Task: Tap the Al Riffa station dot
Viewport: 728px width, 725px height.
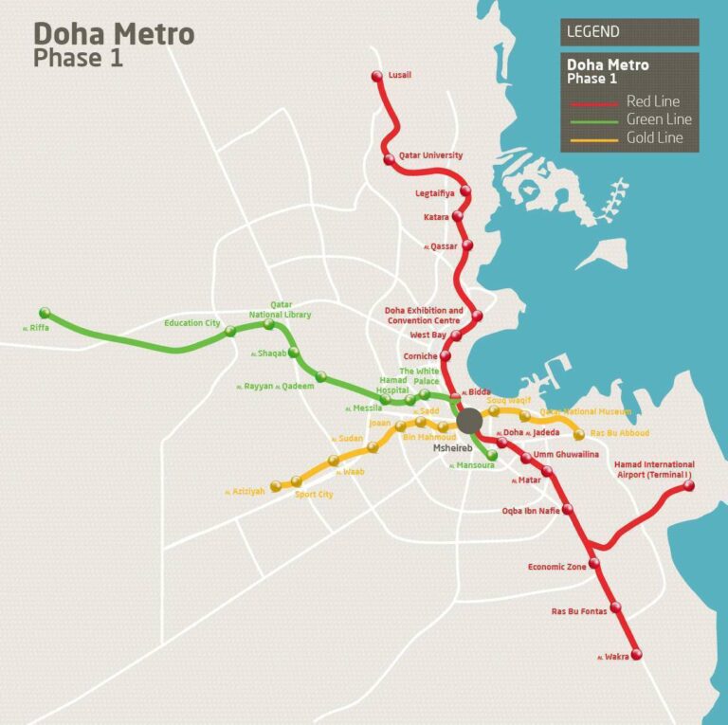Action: point(45,314)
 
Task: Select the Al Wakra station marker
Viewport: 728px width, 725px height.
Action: point(636,654)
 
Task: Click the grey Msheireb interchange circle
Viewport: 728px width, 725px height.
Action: point(469,421)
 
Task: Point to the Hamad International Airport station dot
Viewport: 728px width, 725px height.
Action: point(689,486)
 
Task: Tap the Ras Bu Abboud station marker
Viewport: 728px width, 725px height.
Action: point(579,434)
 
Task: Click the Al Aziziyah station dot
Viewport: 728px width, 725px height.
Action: point(276,487)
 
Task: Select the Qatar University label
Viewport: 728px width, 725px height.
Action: point(430,154)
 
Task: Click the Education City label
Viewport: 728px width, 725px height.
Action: point(191,323)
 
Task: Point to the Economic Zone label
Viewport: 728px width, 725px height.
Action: point(557,567)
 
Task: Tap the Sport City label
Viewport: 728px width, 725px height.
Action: point(314,495)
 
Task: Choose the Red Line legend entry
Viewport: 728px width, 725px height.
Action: point(652,101)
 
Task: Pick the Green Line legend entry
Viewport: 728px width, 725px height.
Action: point(659,119)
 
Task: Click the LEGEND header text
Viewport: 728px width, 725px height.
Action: point(593,31)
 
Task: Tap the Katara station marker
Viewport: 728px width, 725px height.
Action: point(457,216)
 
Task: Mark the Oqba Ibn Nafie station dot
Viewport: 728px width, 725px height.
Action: point(568,510)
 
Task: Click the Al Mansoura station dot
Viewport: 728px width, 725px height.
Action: point(493,455)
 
